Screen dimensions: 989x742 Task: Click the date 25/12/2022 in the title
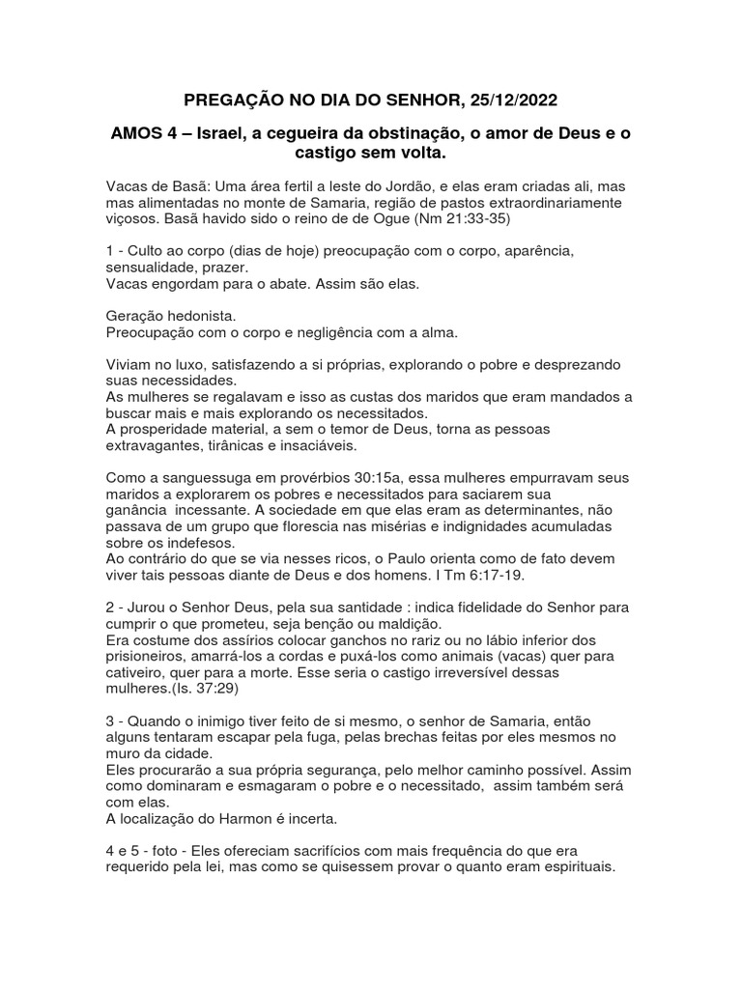pos(509,100)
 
